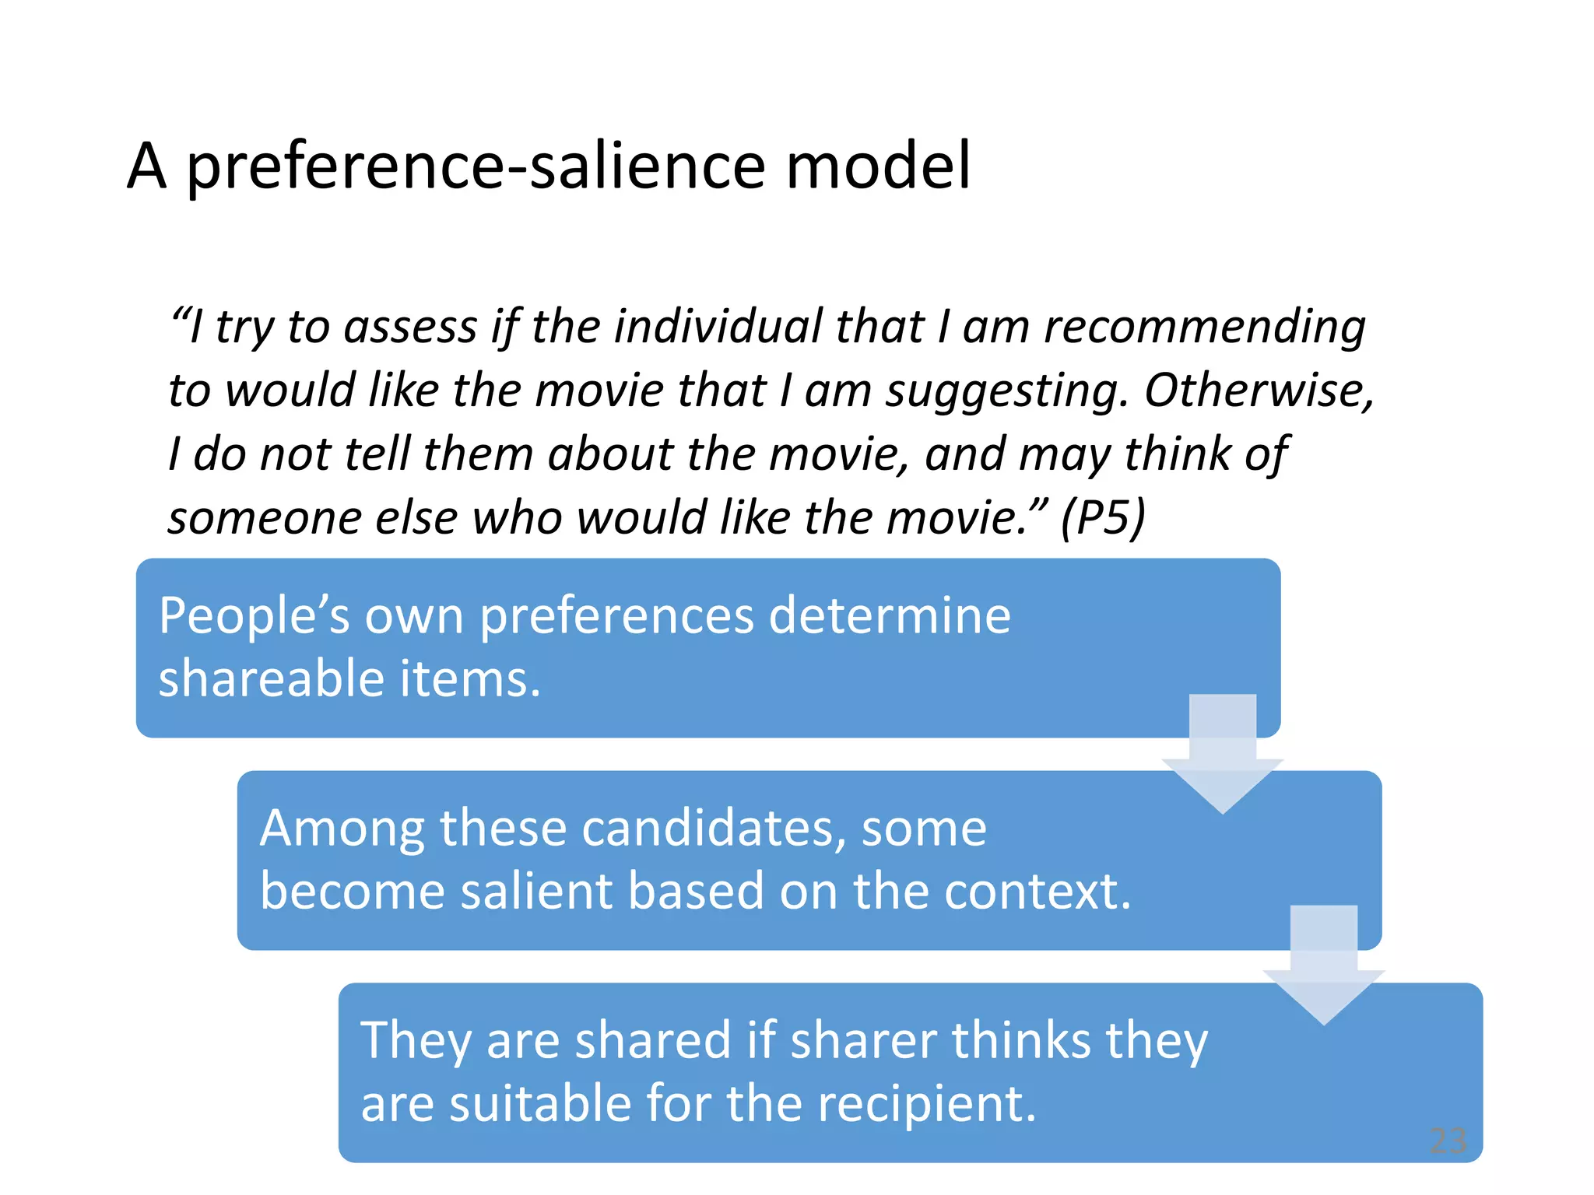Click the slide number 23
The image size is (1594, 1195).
[x=1448, y=1141]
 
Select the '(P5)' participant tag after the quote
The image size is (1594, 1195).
[x=1103, y=517]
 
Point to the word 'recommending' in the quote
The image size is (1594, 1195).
[x=1204, y=327]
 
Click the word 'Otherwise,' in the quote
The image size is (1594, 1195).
[x=1259, y=390]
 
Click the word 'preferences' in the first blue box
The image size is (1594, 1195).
[x=616, y=617]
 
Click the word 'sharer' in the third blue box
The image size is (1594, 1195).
[x=863, y=1040]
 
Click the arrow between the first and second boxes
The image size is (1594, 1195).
[x=1222, y=755]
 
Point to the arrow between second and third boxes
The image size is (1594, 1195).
[x=1323, y=965]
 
